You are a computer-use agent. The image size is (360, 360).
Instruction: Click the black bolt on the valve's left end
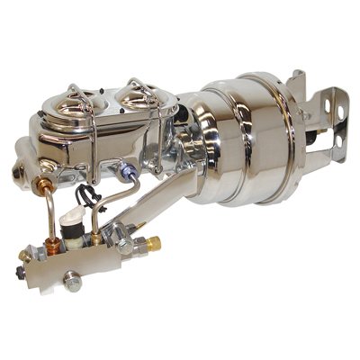(x=20, y=271)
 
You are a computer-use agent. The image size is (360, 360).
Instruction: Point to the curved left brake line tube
(x=49, y=216)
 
